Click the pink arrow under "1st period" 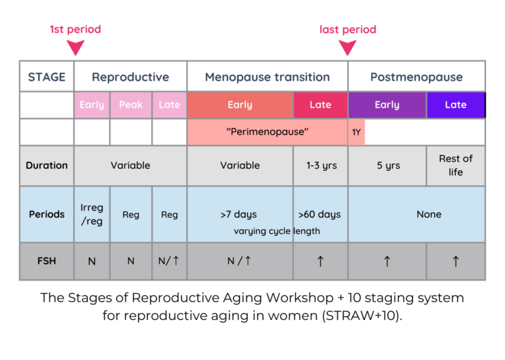click(x=76, y=47)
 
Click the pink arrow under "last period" click(x=347, y=47)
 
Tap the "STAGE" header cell click(x=47, y=77)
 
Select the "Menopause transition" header click(x=267, y=77)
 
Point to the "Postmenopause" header click(x=416, y=77)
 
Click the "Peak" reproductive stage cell click(x=131, y=105)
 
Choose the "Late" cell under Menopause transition click(x=320, y=105)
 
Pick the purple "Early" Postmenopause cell click(x=387, y=105)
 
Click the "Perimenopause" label click(x=267, y=132)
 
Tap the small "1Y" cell click(x=356, y=132)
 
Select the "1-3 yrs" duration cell click(x=320, y=166)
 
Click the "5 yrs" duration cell click(x=388, y=166)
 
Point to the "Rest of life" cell click(x=456, y=166)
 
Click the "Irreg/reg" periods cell click(x=92, y=214)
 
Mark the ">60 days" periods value click(x=320, y=214)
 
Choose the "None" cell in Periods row click(x=429, y=214)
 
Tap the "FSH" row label click(x=47, y=261)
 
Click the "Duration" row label click(x=47, y=166)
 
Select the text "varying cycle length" click(x=277, y=231)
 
